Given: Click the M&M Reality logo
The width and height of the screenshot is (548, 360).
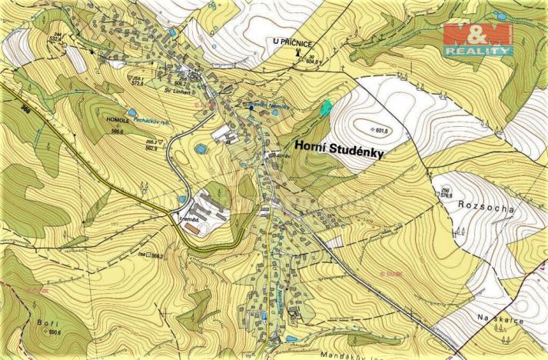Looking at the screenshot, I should coord(477,38).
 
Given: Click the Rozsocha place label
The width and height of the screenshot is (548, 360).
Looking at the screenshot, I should coord(480,205).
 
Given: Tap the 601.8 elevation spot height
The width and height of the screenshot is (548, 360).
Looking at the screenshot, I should coord(380,129).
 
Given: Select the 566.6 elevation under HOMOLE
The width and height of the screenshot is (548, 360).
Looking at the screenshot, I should coord(117,132).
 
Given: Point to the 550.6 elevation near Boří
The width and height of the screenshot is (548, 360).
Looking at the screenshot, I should coord(54,332).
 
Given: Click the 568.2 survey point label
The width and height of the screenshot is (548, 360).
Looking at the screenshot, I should coord(157,255).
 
